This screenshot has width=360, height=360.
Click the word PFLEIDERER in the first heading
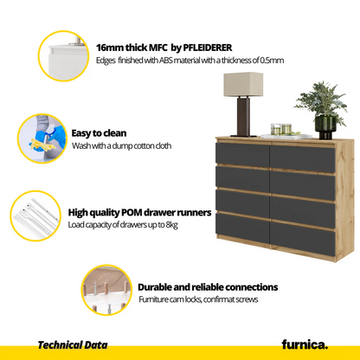[208, 48]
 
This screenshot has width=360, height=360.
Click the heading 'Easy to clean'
[99, 133]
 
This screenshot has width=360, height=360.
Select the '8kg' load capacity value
[171, 225]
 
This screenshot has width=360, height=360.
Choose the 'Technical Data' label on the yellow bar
[73, 345]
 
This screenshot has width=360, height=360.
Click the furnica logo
[305, 344]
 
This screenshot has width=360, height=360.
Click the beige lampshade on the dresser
[243, 84]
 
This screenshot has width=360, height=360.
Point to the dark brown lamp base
[243, 117]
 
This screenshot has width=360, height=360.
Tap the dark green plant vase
[325, 127]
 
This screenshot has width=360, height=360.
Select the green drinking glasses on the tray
[281, 129]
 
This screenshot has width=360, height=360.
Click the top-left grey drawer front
[242, 154]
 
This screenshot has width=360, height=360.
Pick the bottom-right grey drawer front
[303, 240]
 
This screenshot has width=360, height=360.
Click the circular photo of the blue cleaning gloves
[42, 138]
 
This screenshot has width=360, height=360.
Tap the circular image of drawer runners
[35, 215]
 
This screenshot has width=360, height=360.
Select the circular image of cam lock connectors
[106, 290]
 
